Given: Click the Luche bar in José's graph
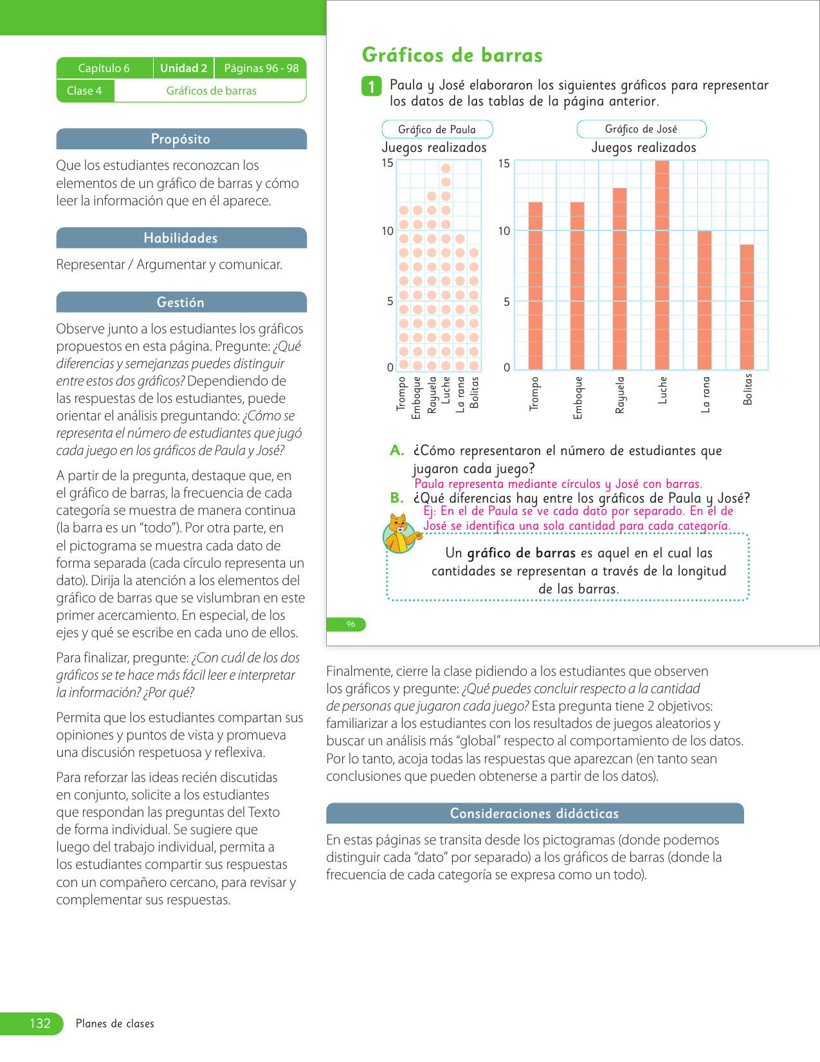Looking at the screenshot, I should tap(662, 265).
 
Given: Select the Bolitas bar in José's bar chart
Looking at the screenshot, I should tap(747, 307).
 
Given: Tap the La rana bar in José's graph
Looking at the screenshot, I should tap(704, 300).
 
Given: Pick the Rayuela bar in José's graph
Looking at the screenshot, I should tap(619, 279).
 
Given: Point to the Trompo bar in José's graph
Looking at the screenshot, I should tap(535, 286).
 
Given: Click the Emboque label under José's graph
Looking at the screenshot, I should tap(578, 398).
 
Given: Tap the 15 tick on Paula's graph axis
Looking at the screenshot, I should tap(387, 163).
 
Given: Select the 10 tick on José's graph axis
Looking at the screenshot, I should tap(504, 231).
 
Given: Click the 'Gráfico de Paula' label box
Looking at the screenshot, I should tap(437, 129).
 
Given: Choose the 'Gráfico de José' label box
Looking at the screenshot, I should tap(641, 129).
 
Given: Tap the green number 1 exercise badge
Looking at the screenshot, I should tap(371, 86).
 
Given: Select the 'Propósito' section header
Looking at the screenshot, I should tap(181, 139).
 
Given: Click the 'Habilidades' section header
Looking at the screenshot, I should tap(181, 238).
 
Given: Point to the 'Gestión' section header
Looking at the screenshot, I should tap(181, 303).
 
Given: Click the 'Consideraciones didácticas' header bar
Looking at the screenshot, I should tap(534, 814).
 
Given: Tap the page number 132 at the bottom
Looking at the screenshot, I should tap(40, 1023).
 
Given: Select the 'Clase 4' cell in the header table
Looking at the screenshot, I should tap(84, 91).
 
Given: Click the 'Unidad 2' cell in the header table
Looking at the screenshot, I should tap(183, 68).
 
